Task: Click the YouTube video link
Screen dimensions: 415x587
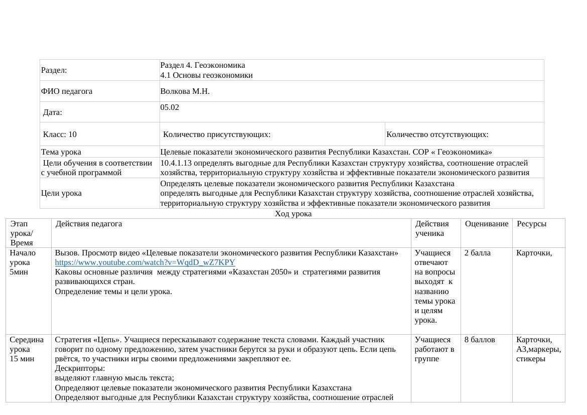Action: click(144, 262)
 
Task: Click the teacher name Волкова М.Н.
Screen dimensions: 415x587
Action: click(185, 91)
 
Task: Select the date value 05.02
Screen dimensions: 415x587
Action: click(170, 107)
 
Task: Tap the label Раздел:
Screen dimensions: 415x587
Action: click(54, 70)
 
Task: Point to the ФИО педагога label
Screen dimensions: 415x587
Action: click(67, 91)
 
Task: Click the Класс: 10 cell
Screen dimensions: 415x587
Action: click(60, 134)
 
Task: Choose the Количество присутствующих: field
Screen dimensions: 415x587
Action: click(217, 134)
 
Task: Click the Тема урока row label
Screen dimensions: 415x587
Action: click(61, 152)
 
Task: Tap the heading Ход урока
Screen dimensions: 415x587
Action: click(293, 214)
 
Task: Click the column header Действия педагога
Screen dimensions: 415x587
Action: click(89, 224)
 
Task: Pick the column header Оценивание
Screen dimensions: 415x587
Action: click(486, 224)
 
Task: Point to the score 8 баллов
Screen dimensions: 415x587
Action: click(479, 340)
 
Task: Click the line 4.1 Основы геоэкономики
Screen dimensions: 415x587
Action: click(206, 75)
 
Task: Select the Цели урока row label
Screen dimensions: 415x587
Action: click(61, 193)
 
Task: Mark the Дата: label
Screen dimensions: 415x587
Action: click(53, 112)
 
